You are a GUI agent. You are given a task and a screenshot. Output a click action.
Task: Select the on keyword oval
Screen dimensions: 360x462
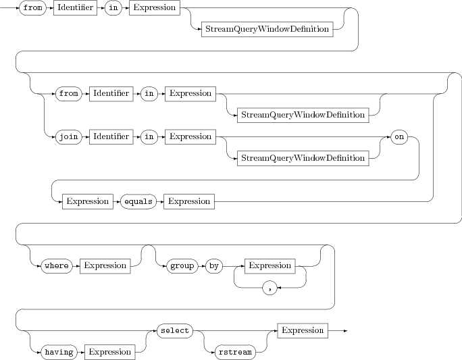pos(399,136)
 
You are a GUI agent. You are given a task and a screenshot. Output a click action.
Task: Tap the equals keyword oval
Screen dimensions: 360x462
pos(138,201)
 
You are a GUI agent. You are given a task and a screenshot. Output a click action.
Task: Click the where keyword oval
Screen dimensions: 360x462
pos(57,265)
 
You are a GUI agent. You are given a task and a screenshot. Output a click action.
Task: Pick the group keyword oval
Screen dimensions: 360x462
pos(181,265)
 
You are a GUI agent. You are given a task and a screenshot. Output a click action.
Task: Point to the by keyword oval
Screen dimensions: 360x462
pos(215,265)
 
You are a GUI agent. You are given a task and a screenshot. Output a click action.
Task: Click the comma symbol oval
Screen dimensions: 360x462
pos(269,288)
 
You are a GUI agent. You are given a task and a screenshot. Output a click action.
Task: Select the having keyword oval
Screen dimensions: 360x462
pos(59,352)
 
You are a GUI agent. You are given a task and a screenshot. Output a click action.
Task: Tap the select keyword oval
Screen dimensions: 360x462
pos(174,330)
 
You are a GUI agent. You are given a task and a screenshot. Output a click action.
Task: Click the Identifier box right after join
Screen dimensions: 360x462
pos(111,136)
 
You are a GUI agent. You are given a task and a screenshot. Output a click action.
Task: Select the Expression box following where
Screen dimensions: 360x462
pos(105,265)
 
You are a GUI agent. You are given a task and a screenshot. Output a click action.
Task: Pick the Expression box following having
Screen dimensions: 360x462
pos(109,352)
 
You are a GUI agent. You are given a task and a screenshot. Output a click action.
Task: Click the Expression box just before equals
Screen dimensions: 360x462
pos(87,201)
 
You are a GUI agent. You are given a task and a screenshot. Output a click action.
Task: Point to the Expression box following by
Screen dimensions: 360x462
pos(269,265)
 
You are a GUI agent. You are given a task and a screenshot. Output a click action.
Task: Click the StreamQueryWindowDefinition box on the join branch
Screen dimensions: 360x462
pos(303,158)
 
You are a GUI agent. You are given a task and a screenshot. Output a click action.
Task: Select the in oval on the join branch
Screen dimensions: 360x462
pos(150,136)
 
